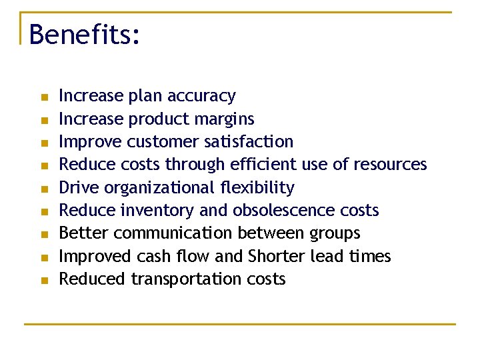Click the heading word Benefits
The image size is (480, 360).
84,34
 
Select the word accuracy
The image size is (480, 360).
201,97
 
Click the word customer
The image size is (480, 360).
157,142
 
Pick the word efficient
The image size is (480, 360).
263,165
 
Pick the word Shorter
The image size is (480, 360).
277,257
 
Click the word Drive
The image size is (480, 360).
75,188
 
